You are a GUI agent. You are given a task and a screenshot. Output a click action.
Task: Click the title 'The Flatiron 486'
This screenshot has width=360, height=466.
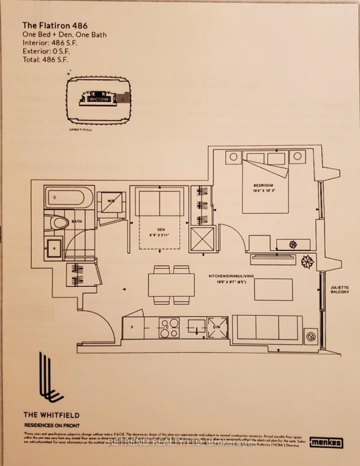coord(55,26)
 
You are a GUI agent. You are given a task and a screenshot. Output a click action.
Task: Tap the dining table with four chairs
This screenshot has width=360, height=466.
coord(171,285)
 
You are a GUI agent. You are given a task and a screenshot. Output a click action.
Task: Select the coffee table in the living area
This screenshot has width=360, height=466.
coord(273,289)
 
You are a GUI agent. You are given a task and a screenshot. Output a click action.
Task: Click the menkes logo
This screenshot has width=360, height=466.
coord(326,442)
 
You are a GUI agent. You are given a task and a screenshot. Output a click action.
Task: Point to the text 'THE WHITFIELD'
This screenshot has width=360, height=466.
coord(51,415)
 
